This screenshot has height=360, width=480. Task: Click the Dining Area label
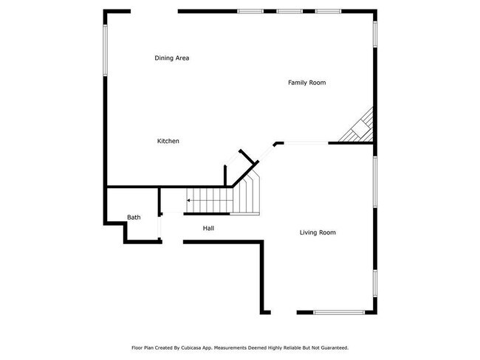click(x=171, y=58)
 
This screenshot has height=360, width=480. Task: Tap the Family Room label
click(x=306, y=83)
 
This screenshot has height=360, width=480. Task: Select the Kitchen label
click(x=168, y=141)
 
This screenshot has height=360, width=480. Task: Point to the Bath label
click(x=134, y=217)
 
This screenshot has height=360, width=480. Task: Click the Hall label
click(x=208, y=229)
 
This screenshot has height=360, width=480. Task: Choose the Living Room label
click(x=318, y=232)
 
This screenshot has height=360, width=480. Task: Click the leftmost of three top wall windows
click(x=250, y=11)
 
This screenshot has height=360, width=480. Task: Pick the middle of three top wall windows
click(x=288, y=11)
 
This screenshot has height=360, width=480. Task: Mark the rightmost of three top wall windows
click(x=327, y=11)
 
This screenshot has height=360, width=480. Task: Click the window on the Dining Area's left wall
click(x=105, y=50)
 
